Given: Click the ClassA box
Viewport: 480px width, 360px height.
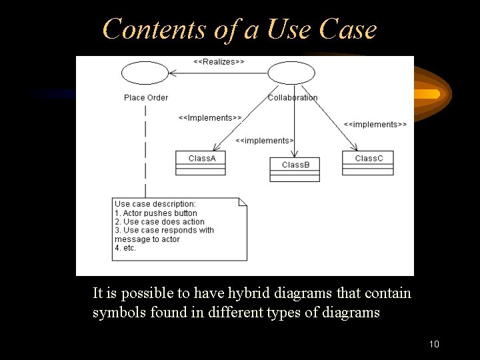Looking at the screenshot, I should (x=201, y=163).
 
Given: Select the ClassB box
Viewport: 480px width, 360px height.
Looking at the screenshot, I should (x=295, y=169).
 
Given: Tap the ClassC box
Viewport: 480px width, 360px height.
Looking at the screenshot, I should (x=369, y=163).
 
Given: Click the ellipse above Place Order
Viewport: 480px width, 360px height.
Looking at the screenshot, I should (x=145, y=73).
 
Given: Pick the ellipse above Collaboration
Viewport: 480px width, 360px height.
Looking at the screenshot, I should (x=291, y=73).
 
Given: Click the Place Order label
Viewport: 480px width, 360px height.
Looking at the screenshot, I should (x=146, y=97).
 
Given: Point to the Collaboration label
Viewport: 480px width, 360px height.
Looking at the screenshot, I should (x=293, y=97).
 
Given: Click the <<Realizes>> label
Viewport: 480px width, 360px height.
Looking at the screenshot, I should (x=219, y=61).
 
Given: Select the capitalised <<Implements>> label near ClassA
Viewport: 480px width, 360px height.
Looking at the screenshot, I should (x=209, y=118).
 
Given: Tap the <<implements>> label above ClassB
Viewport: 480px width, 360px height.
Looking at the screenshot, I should (x=265, y=141).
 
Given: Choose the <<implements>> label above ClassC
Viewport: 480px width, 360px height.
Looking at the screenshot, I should (x=375, y=124).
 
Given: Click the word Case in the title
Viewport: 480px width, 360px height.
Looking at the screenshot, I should (x=348, y=29).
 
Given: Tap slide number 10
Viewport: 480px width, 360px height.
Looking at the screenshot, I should (x=434, y=345).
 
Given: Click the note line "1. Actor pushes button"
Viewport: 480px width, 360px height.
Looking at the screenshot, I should (x=156, y=213).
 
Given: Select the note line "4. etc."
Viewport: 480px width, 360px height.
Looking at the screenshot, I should (x=125, y=248).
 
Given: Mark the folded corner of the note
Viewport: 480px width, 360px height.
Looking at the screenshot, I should (x=243, y=201).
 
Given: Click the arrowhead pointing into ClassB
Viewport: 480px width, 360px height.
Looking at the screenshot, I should (x=295, y=154).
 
